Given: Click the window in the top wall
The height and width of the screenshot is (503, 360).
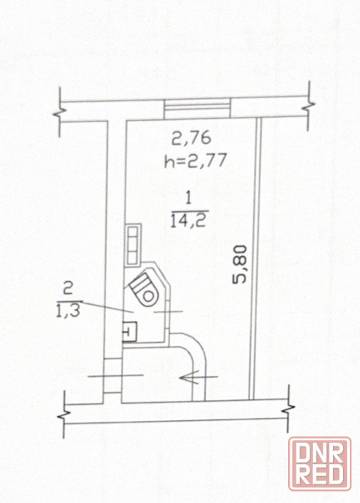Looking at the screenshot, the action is [197, 108].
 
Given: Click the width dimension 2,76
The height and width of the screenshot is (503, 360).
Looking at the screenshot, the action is [191, 139].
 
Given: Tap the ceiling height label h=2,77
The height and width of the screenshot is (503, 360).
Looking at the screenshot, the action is [196, 160].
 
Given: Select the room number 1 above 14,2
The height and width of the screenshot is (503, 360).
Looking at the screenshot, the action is [189, 199].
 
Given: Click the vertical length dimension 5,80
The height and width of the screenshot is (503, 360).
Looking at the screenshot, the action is [240, 265].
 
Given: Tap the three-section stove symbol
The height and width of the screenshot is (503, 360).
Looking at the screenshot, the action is [133, 245].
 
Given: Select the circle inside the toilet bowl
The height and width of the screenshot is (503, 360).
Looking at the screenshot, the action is [148, 296].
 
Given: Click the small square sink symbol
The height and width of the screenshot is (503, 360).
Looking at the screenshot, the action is [129, 331].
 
